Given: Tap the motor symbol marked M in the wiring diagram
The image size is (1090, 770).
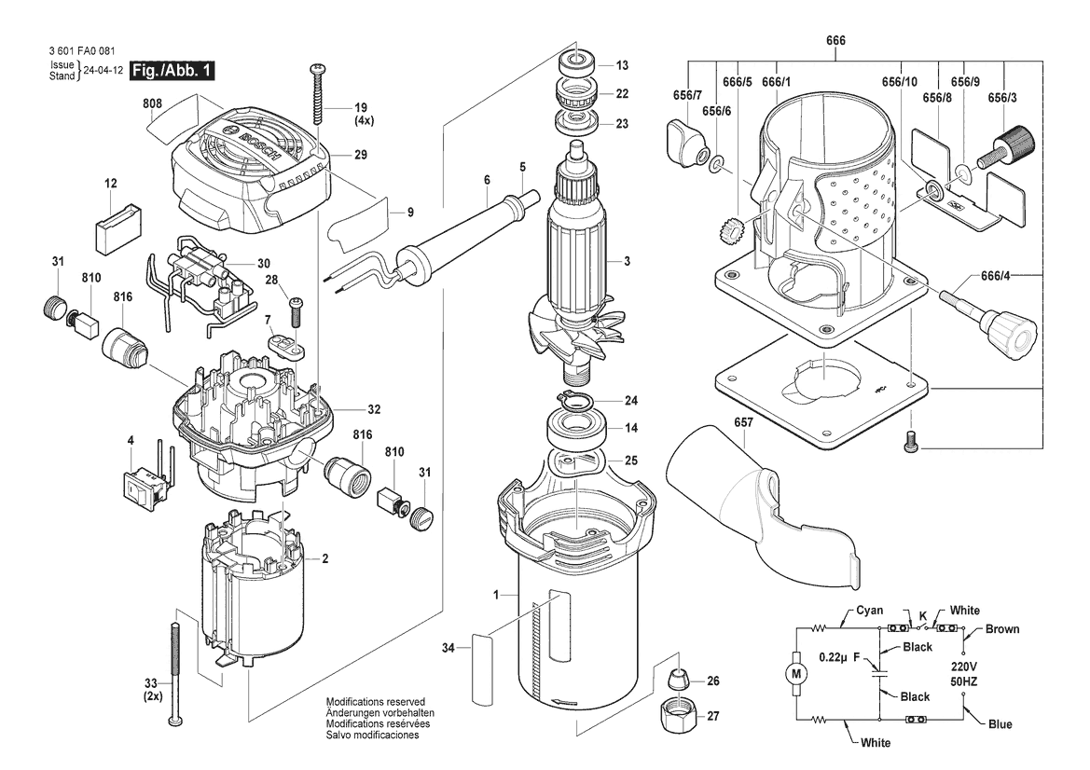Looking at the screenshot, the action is pyautogui.click(x=796, y=673).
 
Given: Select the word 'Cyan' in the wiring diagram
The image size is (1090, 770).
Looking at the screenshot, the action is pyautogui.click(x=869, y=611).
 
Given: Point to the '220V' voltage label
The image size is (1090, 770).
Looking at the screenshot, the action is pyautogui.click(x=963, y=665).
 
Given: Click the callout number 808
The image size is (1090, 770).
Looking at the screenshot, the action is pyautogui.click(x=152, y=103).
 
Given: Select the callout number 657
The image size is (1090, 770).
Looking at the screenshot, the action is pyautogui.click(x=743, y=422).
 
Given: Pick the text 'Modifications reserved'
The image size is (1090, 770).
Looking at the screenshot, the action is pyautogui.click(x=376, y=702).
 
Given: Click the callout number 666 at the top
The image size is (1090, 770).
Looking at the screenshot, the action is pyautogui.click(x=835, y=40).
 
